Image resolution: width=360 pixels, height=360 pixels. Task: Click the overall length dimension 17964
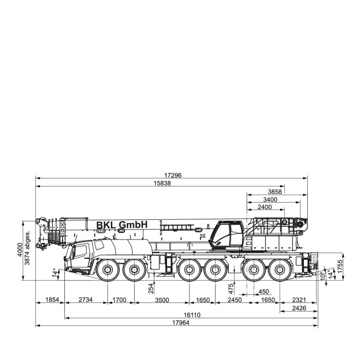point(180,323)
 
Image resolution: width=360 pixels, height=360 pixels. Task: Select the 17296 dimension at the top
point(173,175)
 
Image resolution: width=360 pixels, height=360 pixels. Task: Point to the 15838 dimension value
point(162,183)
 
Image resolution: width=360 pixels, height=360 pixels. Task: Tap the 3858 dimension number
point(275,192)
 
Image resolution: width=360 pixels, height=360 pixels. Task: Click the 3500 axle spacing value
point(162,300)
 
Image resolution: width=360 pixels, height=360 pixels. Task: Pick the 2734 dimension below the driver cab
point(85,300)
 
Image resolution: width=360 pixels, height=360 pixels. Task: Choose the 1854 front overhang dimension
point(52,300)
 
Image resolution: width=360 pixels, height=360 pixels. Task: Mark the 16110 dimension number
point(192,315)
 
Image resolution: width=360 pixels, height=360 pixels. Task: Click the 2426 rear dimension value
point(299,308)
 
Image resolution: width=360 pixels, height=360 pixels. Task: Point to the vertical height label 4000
point(20,250)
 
